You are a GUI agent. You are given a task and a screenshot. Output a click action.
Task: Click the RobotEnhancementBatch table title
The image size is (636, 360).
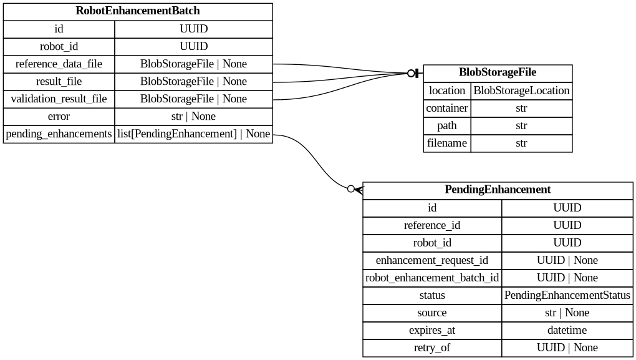click(138, 11)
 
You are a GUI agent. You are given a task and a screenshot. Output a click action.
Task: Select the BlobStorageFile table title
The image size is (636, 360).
click(498, 72)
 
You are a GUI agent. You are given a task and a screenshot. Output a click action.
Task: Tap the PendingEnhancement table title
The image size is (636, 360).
click(498, 190)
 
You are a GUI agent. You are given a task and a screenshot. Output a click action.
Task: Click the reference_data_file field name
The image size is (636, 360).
click(59, 64)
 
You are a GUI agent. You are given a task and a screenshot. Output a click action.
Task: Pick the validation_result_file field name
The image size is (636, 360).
click(59, 99)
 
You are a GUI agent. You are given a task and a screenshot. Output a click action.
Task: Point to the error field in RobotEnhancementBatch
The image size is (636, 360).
click(59, 116)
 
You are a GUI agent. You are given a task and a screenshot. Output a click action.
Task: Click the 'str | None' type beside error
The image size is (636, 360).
click(193, 116)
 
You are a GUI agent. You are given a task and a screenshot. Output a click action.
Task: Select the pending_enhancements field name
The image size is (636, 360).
click(59, 134)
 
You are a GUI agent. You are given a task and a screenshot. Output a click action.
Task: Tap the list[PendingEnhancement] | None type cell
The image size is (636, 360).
click(193, 134)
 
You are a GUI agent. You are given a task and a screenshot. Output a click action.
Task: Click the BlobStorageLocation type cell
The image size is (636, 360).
click(521, 90)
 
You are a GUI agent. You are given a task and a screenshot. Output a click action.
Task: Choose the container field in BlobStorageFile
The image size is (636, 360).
click(447, 108)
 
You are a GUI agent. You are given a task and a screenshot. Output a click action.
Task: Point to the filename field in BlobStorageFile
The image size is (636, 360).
click(447, 143)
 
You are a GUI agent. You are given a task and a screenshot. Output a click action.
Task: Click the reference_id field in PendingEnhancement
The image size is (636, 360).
click(432, 225)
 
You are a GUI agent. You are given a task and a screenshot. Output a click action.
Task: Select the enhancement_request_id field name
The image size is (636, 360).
click(432, 260)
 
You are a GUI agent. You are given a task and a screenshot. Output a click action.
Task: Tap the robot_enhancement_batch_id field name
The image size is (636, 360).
click(432, 278)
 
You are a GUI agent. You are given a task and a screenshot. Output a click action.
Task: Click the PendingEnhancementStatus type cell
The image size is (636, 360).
click(567, 295)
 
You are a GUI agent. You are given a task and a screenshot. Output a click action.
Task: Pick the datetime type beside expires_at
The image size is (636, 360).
click(567, 330)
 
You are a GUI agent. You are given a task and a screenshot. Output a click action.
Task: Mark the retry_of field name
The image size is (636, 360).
click(432, 348)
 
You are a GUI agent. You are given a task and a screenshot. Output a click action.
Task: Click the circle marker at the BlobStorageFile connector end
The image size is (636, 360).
click(411, 73)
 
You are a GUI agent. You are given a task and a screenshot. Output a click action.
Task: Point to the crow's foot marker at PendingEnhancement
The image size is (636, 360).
click(359, 189)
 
